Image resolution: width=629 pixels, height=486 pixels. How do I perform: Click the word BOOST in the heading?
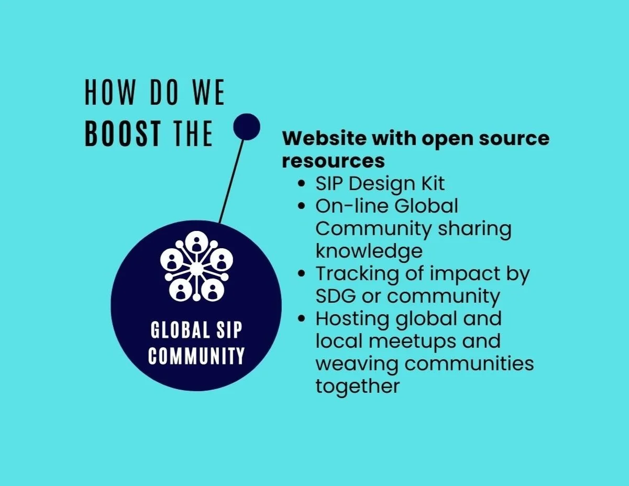[x=122, y=134]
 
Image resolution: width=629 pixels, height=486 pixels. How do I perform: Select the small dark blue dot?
[x=246, y=127]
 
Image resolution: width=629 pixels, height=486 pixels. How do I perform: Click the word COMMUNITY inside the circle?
[x=196, y=356]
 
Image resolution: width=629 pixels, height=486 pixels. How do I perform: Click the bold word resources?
[x=333, y=161]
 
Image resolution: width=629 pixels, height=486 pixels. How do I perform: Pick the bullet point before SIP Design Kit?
[x=301, y=184]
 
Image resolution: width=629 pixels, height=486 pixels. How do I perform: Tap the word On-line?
[x=351, y=206]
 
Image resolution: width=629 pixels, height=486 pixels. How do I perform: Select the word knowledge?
[x=368, y=251]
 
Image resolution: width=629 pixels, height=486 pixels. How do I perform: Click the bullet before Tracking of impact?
[x=301, y=274]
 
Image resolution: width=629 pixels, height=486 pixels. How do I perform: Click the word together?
[x=357, y=387]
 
